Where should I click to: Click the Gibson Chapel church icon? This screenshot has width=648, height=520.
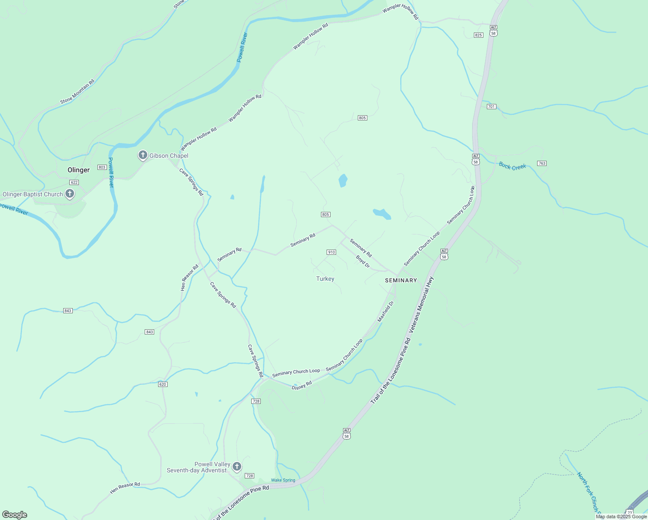tap(143, 155)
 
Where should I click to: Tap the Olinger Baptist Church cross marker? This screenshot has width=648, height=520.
tap(70, 194)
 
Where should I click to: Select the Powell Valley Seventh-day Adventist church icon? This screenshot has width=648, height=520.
tap(237, 467)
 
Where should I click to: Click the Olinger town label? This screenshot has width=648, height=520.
tap(78, 170)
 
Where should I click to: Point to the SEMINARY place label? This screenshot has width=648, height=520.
tap(401, 280)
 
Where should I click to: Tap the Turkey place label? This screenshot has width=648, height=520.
tap(325, 279)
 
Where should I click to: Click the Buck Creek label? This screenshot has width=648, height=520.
tap(512, 166)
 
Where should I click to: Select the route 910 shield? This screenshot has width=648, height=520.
tap(331, 252)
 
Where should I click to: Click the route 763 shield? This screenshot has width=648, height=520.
tap(541, 163)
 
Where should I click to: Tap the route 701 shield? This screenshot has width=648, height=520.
tap(491, 107)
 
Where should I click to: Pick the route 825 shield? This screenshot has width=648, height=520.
tap(478, 35)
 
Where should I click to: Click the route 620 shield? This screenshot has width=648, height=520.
tap(162, 384)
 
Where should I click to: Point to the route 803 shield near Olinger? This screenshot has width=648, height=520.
tap(102, 167)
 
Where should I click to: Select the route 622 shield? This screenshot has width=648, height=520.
tap(74, 182)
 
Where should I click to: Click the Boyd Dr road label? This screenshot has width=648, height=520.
tap(363, 262)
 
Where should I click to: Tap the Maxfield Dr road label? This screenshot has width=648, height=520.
tap(386, 312)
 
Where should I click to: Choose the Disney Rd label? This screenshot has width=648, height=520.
tap(301, 385)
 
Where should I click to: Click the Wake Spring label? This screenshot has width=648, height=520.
tap(283, 480)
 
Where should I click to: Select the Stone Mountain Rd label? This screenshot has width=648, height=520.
tap(77, 91)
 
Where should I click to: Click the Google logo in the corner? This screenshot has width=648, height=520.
tap(14, 515)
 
